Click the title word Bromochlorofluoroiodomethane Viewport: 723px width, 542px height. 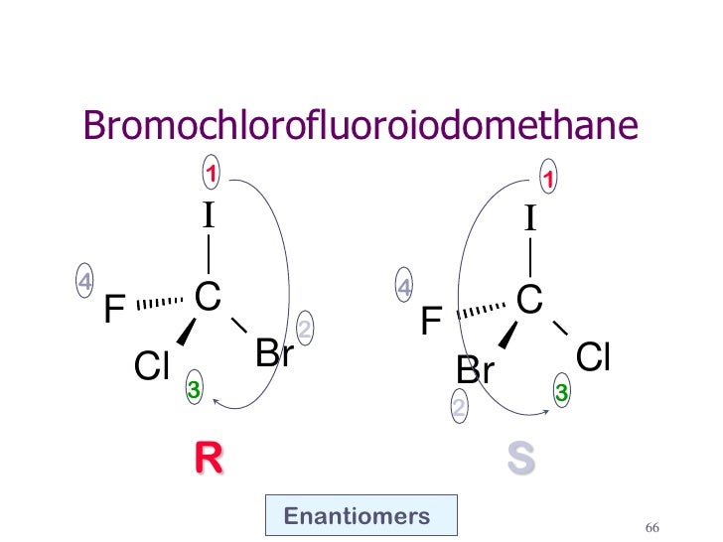click(x=359, y=125)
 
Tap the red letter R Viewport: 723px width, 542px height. click(x=209, y=458)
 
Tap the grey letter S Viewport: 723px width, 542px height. click(x=520, y=458)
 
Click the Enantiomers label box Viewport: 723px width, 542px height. click(x=361, y=516)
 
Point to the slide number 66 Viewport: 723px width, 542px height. click(x=652, y=526)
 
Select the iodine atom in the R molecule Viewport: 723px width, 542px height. click(x=209, y=215)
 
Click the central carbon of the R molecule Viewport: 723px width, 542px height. click(x=208, y=295)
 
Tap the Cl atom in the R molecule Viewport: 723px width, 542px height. click(x=154, y=368)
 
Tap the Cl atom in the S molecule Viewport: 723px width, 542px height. click(x=593, y=356)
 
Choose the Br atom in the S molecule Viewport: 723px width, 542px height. click(x=476, y=370)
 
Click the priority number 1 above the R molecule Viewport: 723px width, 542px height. click(x=210, y=174)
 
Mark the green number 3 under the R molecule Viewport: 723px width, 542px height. click(x=194, y=393)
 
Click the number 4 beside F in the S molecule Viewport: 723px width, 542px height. click(x=404, y=288)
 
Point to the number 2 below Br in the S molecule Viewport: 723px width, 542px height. click(x=459, y=407)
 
